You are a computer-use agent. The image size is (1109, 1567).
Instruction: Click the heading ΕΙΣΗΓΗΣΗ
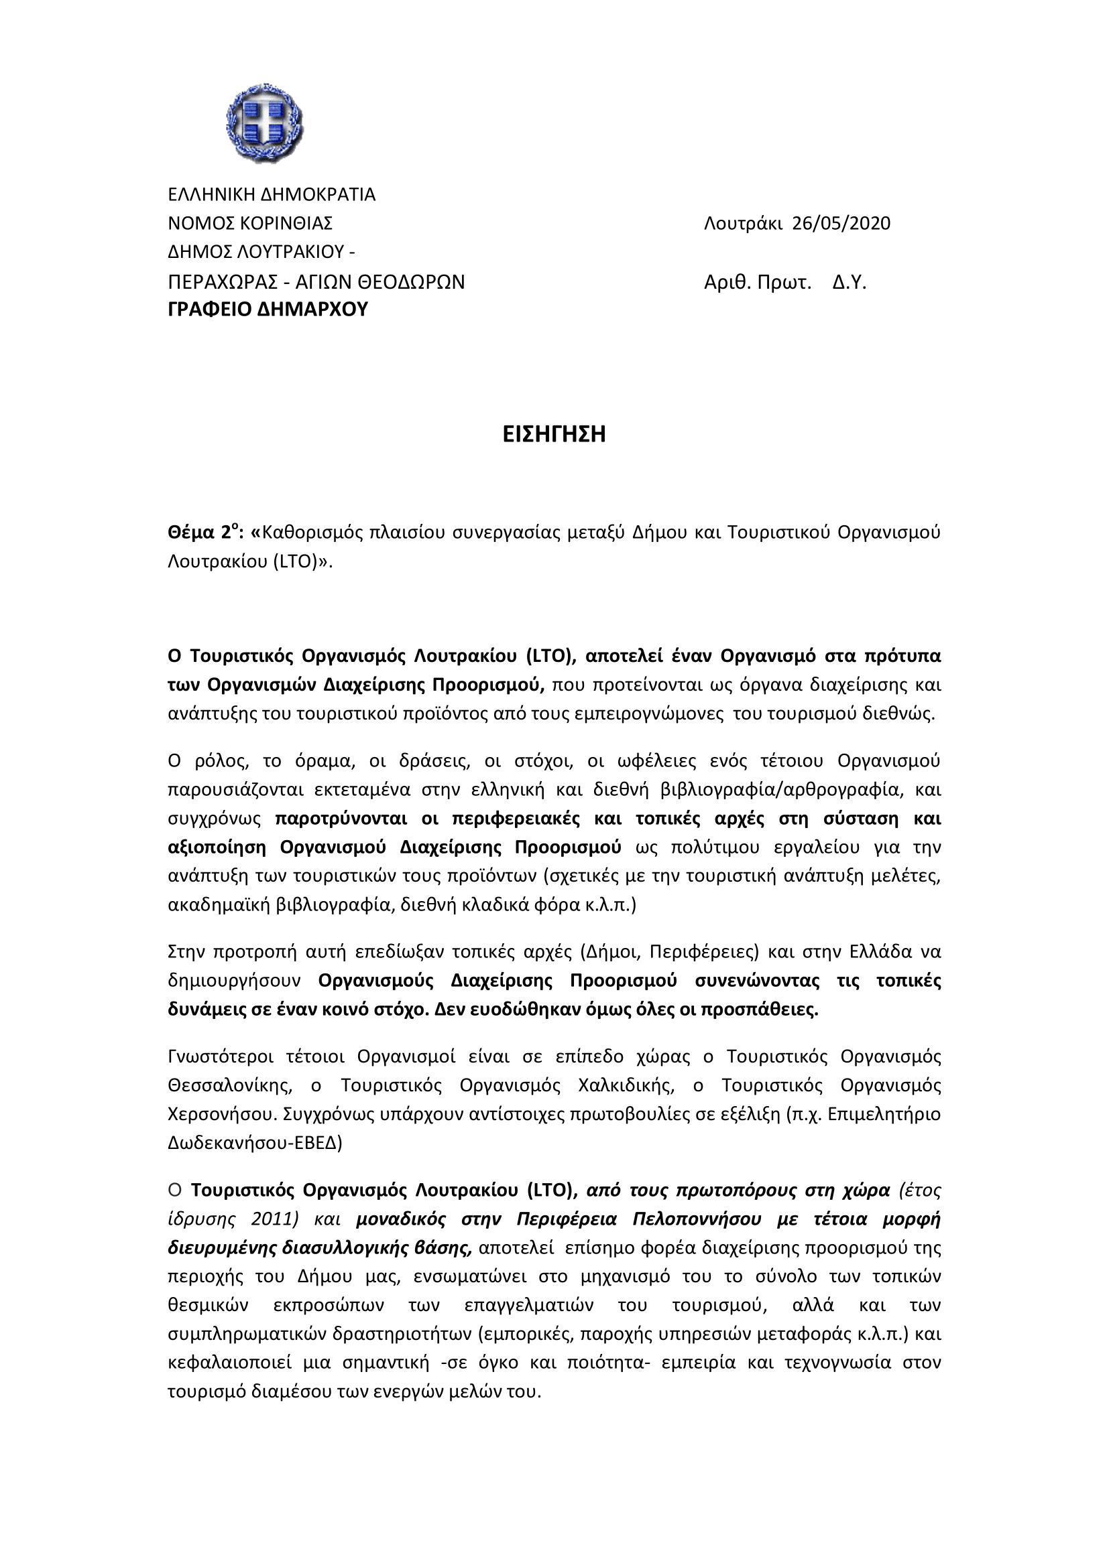pyautogui.click(x=554, y=435)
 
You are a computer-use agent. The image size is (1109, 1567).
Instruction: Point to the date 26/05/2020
pyautogui.click(x=841, y=224)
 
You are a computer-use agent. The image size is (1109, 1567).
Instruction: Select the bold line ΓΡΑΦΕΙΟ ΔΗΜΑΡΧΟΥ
pyautogui.click(x=268, y=310)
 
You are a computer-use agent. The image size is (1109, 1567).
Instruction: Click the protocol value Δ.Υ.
pyautogui.click(x=849, y=283)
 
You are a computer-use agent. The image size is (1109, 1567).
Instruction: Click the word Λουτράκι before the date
pyautogui.click(x=743, y=224)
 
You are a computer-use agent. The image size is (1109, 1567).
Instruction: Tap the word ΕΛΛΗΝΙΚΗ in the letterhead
pyautogui.click(x=213, y=195)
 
